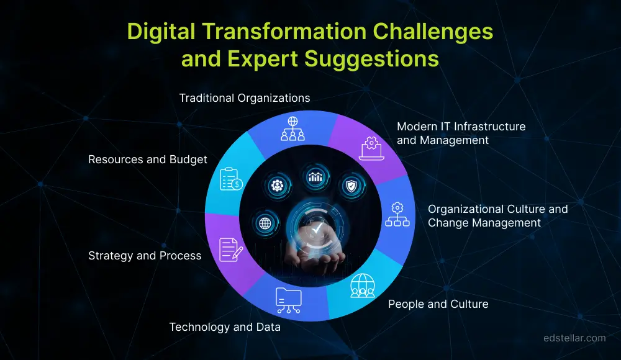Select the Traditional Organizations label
tap(244, 98)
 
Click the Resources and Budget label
tap(147, 160)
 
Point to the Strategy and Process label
tap(145, 256)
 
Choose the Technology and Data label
tap(225, 327)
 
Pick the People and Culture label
tap(438, 304)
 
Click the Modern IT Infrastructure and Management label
tap(461, 133)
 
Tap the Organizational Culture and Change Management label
tap(497, 215)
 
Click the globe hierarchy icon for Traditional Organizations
tap(291, 128)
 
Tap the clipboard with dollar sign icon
tap(232, 179)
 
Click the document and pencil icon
tap(231, 250)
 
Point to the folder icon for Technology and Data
tap(288, 300)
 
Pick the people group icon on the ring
tap(362, 285)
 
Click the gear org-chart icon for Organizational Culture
tap(397, 214)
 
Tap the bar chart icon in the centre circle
tap(315, 176)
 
